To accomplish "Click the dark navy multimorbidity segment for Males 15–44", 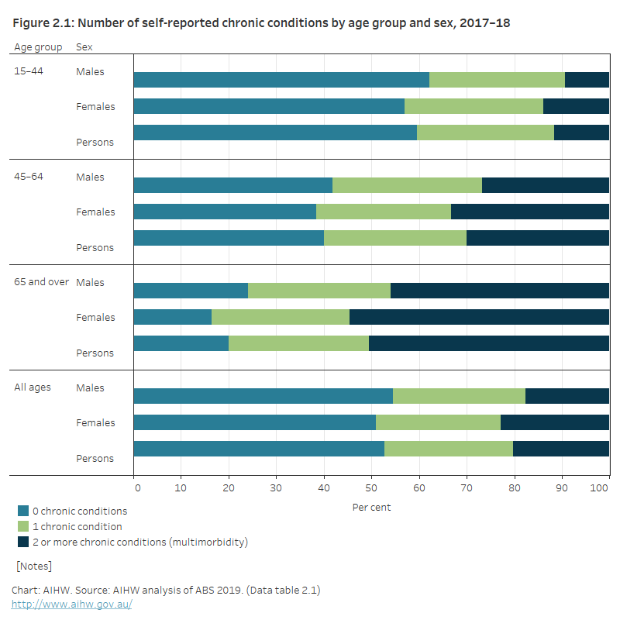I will point(587,80).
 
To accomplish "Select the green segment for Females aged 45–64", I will point(384,212).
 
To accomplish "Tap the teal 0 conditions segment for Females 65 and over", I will point(172,317).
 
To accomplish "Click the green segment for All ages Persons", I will point(449,449).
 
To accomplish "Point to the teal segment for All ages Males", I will point(263,396).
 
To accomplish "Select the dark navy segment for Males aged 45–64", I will point(545,185).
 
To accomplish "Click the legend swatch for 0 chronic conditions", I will point(23,511).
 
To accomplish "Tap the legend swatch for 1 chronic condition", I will point(23,526).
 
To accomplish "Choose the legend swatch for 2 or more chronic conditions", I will point(23,542).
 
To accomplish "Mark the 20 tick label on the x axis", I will point(229,487).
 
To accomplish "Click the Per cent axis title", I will point(371,508).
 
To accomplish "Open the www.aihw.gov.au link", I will point(72,604).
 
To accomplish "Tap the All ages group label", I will point(33,387).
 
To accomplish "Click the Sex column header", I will point(84,46).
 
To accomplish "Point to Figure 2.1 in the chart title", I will point(42,23).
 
